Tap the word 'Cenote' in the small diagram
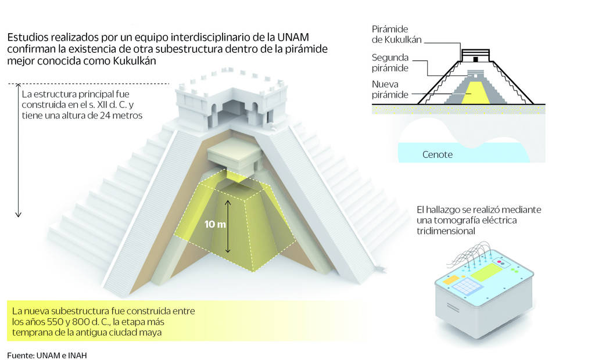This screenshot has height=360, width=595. pos(438,154)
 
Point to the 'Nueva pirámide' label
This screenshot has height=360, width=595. pos(390,89)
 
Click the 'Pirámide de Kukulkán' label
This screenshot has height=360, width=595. pos(397,34)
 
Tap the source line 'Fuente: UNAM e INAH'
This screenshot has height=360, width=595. pos(47,355)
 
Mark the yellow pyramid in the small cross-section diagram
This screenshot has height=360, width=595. pos(476,92)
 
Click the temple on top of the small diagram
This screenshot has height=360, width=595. pos(476,56)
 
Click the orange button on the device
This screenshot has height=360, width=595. pos(451,280)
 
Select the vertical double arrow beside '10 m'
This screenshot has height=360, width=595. pos(228,225)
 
